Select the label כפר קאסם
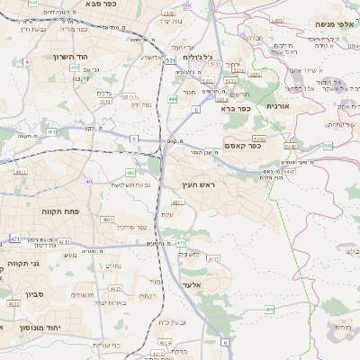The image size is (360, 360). tap(243, 146)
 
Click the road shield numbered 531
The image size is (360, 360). tap(170, 60)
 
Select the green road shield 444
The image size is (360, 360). tap(171, 99)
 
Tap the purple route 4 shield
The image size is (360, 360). tap(27, 61)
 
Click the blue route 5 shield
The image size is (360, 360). tap(134, 139)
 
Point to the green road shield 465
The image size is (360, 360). tap(269, 310)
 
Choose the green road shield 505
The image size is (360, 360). tap(328, 146)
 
